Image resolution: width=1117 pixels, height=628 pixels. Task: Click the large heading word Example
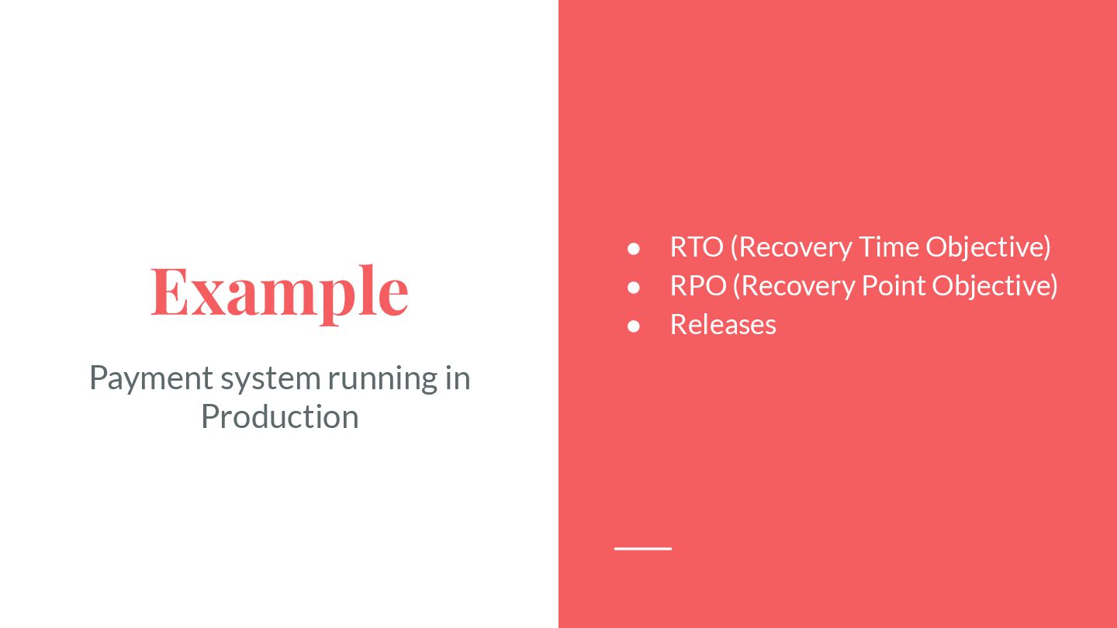click(x=279, y=292)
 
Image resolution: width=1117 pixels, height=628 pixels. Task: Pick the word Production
click(x=279, y=416)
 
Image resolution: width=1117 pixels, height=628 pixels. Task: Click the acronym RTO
click(x=696, y=247)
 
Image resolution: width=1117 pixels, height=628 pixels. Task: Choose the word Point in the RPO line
click(x=894, y=285)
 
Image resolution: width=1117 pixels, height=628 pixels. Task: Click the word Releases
click(x=723, y=324)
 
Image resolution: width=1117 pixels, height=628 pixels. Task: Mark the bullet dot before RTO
click(x=634, y=248)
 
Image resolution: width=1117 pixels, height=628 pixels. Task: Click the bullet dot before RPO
click(x=634, y=287)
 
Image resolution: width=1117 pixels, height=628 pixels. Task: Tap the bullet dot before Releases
click(x=634, y=326)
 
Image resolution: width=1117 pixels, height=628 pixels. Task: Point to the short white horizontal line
click(x=643, y=548)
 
